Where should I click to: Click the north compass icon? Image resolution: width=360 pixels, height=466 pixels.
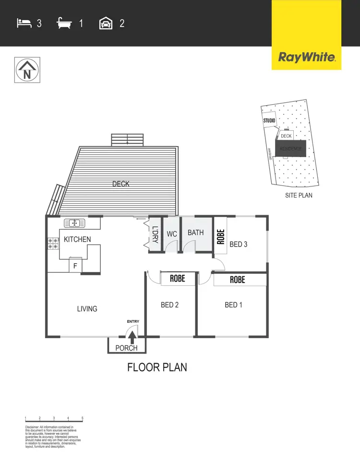point(27,70)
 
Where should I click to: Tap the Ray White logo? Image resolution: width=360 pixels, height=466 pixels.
point(306,58)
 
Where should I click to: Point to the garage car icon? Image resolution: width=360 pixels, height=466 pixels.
point(106,23)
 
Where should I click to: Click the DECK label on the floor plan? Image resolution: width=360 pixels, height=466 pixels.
point(121,184)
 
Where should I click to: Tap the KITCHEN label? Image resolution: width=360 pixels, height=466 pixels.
point(77,239)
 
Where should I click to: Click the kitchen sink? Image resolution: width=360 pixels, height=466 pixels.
point(74,223)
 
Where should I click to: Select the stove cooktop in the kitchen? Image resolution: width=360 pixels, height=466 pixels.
point(53,244)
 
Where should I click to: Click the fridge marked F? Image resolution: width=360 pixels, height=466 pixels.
point(75,266)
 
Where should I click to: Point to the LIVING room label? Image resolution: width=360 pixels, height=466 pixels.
point(87,309)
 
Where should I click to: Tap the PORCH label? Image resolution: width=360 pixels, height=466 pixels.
point(127,348)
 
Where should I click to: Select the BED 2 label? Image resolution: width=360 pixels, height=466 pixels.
point(169,305)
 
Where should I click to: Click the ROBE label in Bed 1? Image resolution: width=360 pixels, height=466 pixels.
point(237,280)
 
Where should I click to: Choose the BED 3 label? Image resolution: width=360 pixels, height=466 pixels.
point(238,244)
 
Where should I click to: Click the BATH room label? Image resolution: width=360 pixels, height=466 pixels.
point(195,233)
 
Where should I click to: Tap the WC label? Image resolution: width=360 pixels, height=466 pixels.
point(172,234)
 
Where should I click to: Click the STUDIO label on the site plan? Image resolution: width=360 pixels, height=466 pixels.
point(269,120)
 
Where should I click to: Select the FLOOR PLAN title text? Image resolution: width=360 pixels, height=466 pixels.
point(157,368)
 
